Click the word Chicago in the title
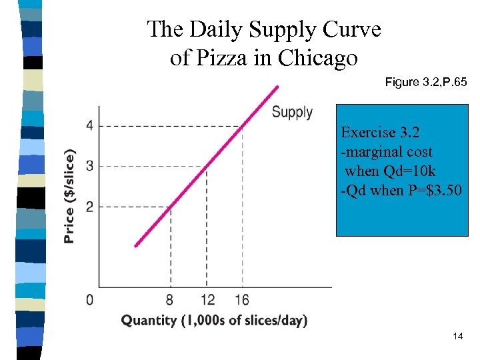pos(318,59)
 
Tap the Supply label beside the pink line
pos(292,112)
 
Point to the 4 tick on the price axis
pos(89,126)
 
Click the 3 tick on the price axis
pos(89,166)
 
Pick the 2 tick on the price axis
pos(89,207)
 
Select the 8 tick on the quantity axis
pos(171,299)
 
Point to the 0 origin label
pos(90,299)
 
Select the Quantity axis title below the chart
pos(214,321)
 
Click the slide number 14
pos(457,336)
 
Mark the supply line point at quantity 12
pos(207,166)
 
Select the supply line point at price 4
pos(242,126)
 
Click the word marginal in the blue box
pos(375,151)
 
